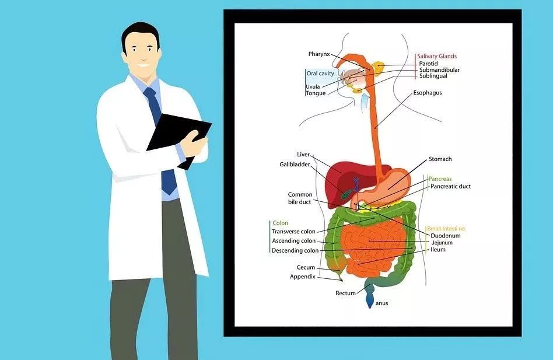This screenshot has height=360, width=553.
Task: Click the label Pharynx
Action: click(319, 54)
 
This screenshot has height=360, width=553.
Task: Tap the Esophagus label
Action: click(428, 93)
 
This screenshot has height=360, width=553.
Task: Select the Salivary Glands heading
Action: click(436, 56)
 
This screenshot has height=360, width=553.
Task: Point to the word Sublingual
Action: click(433, 76)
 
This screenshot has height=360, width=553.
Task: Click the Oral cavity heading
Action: click(320, 74)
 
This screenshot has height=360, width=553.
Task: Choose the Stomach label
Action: click(440, 159)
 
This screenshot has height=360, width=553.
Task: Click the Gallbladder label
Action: click(295, 165)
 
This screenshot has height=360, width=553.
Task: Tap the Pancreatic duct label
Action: click(450, 186)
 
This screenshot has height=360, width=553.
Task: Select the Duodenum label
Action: click(446, 236)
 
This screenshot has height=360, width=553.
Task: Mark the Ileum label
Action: click(437, 250)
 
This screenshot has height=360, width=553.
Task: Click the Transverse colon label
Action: click(293, 232)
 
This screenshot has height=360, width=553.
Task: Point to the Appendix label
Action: click(303, 277)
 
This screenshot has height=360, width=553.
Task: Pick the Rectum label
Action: click(345, 293)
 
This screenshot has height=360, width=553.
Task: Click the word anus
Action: click(381, 303)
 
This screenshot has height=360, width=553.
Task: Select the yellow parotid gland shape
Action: click(378, 68)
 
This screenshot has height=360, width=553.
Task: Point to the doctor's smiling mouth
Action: click(143, 65)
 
